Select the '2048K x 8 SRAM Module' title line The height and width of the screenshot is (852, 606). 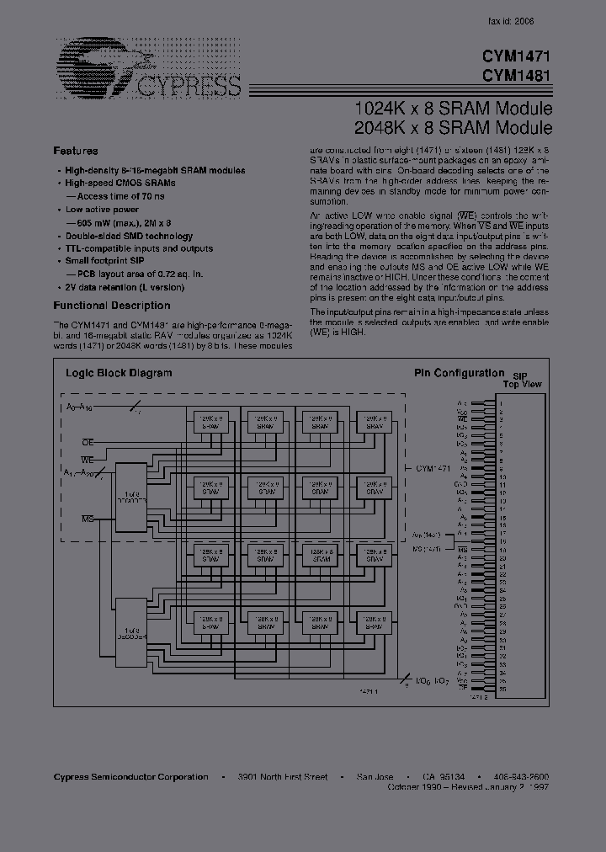(x=454, y=129)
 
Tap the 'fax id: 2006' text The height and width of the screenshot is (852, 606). (x=511, y=21)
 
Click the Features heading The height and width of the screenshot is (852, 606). (x=76, y=151)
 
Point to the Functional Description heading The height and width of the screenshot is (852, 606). (x=112, y=306)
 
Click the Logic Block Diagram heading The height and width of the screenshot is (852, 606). (x=119, y=372)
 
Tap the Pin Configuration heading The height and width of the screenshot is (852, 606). (x=457, y=371)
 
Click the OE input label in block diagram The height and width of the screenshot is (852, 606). (x=87, y=441)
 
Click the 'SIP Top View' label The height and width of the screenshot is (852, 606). (x=522, y=379)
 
